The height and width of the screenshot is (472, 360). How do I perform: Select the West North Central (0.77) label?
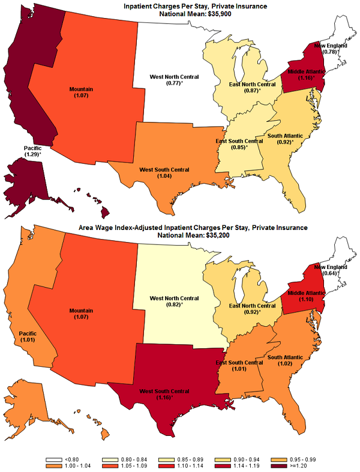coord(174,81)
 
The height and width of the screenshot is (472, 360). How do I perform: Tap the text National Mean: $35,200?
coord(183,235)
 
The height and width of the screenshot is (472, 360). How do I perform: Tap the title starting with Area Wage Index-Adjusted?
coord(183,228)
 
